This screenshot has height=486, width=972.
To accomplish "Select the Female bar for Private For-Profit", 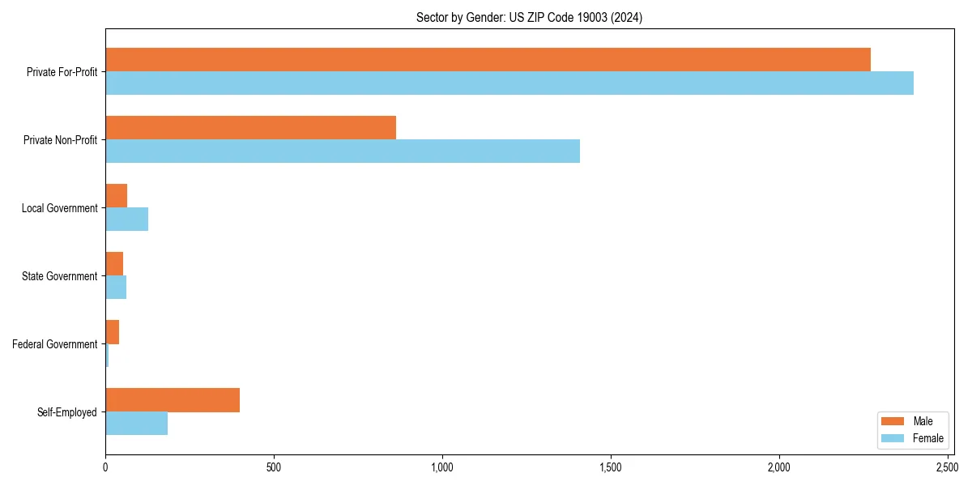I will click(x=509, y=83).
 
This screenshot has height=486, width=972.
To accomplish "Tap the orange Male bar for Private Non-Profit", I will click(x=250, y=127).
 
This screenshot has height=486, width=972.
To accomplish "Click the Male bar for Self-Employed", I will click(x=173, y=399).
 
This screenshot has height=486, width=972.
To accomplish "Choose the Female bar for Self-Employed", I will click(x=136, y=424).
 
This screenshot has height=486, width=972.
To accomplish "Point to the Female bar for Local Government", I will click(x=126, y=220).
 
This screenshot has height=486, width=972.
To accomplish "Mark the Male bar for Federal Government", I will click(x=112, y=331).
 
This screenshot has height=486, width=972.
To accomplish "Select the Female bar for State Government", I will click(x=116, y=288).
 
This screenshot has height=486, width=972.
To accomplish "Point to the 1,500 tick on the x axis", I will click(x=611, y=467).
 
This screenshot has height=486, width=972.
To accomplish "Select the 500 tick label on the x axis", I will click(x=274, y=467).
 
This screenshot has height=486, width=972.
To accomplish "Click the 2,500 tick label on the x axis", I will click(x=948, y=467).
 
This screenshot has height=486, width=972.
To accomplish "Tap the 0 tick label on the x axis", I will click(x=105, y=467).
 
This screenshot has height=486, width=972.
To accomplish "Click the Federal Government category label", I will click(x=55, y=344).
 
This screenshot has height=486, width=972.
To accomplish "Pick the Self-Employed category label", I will click(x=67, y=412).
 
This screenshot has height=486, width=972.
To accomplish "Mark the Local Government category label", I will click(x=59, y=208).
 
